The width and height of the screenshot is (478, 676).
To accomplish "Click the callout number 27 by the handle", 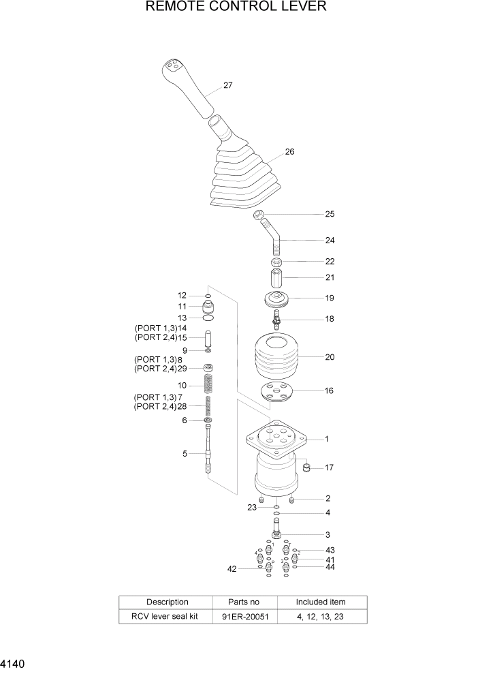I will point(228,86).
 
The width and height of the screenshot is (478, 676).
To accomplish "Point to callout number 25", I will point(330,214).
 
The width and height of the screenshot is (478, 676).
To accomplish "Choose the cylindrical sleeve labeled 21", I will point(276,279).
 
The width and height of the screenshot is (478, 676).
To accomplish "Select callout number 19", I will point(330,298).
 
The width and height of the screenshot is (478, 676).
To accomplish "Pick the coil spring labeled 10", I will point(208,385).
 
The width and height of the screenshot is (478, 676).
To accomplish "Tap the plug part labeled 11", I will point(208,306).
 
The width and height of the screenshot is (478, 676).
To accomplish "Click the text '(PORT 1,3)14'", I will point(160,328).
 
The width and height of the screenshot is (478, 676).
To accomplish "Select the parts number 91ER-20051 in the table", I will point(244,617).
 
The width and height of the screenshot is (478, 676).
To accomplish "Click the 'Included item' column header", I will point(320,602).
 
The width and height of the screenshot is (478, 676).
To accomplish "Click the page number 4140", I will point(14,662).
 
